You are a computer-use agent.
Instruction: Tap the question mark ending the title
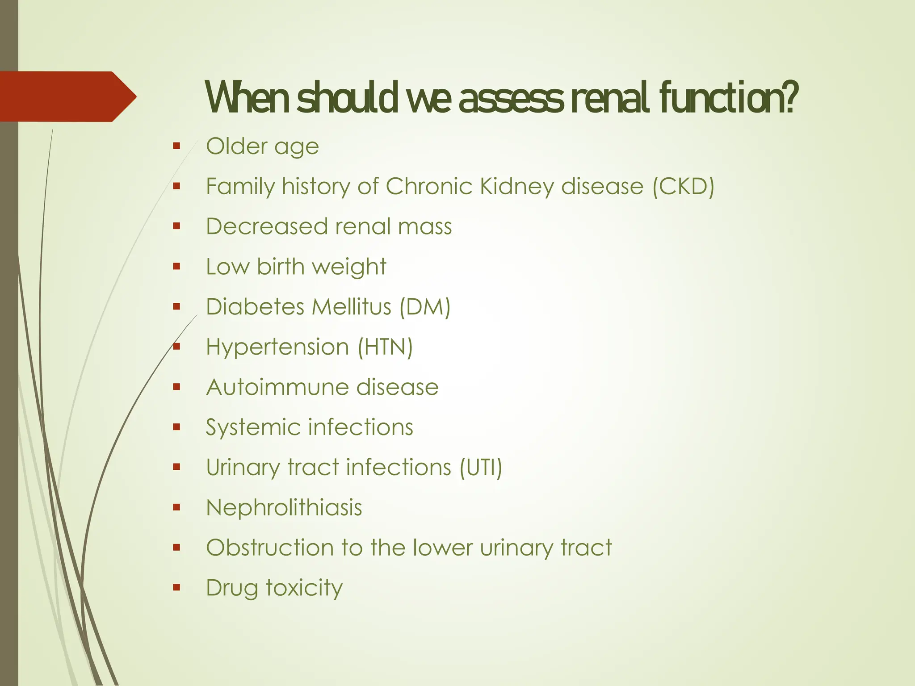click(x=790, y=97)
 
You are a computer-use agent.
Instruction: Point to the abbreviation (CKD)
click(x=683, y=187)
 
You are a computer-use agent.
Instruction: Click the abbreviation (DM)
click(x=425, y=307)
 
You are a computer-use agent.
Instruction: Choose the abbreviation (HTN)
click(x=385, y=347)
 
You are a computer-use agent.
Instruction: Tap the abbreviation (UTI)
click(x=481, y=468)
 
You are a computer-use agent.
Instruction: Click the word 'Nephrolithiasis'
click(x=284, y=508)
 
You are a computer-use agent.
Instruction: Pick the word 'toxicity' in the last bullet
click(x=305, y=588)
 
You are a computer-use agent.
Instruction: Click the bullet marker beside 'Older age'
click(x=176, y=146)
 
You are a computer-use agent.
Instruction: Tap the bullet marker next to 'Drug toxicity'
click(x=176, y=587)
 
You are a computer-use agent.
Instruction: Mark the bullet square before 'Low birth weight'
click(x=176, y=267)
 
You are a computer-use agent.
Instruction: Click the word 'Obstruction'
click(x=270, y=548)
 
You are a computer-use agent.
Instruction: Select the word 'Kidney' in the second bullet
click(x=517, y=187)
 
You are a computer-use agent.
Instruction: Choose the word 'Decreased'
click(x=267, y=226)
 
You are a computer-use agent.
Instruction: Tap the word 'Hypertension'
click(x=277, y=347)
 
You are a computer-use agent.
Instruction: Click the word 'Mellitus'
click(x=352, y=307)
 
